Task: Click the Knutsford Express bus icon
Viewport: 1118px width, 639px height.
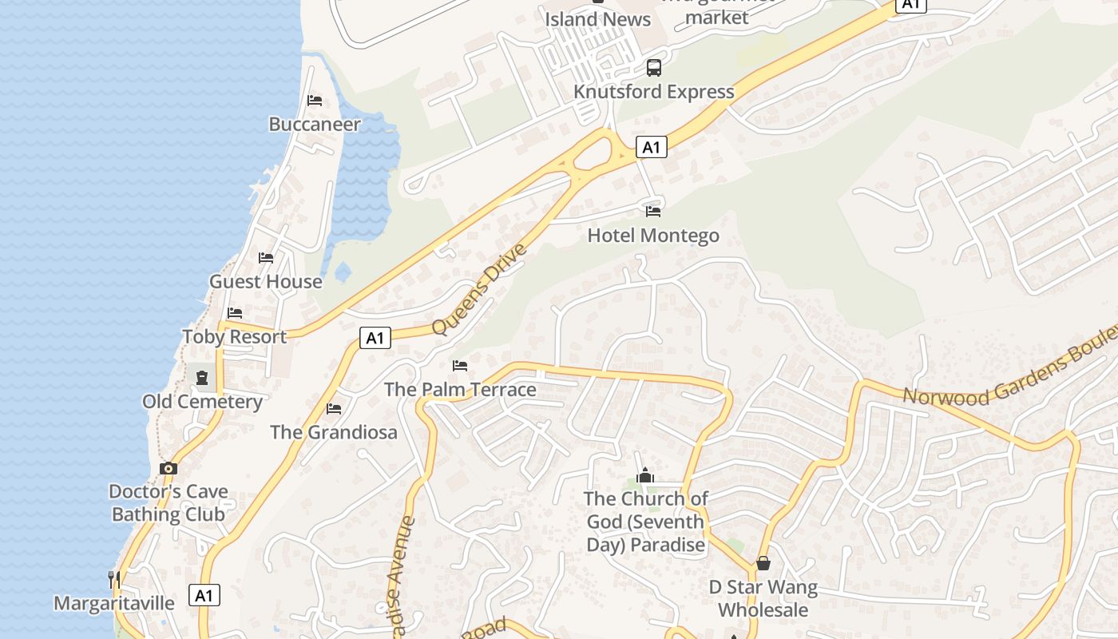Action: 654,68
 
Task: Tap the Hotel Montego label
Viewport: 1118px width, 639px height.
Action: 653,236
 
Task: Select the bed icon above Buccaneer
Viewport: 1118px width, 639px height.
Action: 315,101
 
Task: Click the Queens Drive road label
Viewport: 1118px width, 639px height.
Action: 479,289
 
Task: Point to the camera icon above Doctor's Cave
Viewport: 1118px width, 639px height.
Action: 168,468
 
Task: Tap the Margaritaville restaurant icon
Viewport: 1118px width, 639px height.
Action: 113,578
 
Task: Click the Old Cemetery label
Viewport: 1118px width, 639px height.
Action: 202,401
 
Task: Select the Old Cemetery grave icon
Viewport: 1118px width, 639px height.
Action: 202,377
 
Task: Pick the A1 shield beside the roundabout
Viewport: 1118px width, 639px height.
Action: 652,147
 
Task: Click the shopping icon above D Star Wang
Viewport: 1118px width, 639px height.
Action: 763,563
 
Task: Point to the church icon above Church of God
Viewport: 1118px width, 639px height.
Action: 645,476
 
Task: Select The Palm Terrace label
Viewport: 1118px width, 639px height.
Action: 460,390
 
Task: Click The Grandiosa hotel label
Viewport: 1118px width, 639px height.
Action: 333,432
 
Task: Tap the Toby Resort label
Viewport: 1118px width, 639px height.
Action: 234,336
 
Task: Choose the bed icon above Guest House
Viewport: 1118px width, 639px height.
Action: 266,258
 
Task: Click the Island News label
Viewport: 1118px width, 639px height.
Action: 598,18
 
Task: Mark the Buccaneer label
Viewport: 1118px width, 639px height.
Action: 315,125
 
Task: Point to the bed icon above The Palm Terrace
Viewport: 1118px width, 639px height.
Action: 460,366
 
